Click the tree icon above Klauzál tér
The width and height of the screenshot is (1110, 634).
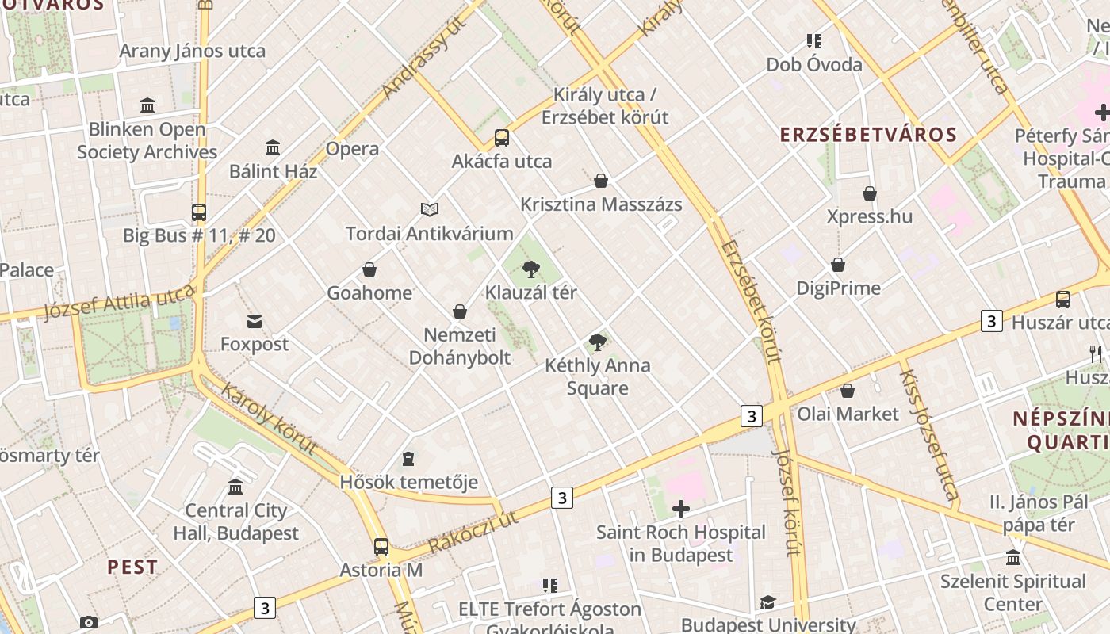[531, 269]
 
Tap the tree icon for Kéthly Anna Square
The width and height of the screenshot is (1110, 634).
[598, 342]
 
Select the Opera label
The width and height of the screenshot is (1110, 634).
[352, 149]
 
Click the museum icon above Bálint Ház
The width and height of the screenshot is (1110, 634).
[273, 147]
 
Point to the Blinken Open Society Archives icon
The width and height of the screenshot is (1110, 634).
[147, 105]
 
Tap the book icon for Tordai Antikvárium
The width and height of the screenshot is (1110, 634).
[430, 209]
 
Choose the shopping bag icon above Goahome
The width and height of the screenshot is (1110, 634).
[369, 269]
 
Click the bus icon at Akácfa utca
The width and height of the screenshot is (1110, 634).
[502, 138]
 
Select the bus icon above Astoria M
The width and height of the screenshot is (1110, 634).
[381, 546]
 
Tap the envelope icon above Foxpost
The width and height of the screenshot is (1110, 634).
[255, 321]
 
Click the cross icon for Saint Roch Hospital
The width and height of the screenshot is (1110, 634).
[680, 509]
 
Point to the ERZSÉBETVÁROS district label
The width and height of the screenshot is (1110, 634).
[868, 135]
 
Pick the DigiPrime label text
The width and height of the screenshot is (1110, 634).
[838, 288]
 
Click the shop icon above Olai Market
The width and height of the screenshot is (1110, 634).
[848, 391]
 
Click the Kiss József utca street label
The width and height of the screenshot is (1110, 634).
[928, 435]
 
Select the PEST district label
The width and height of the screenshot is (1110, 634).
[132, 567]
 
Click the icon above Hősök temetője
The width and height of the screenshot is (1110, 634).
[408, 459]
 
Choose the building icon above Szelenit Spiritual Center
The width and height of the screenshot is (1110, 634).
[1012, 558]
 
